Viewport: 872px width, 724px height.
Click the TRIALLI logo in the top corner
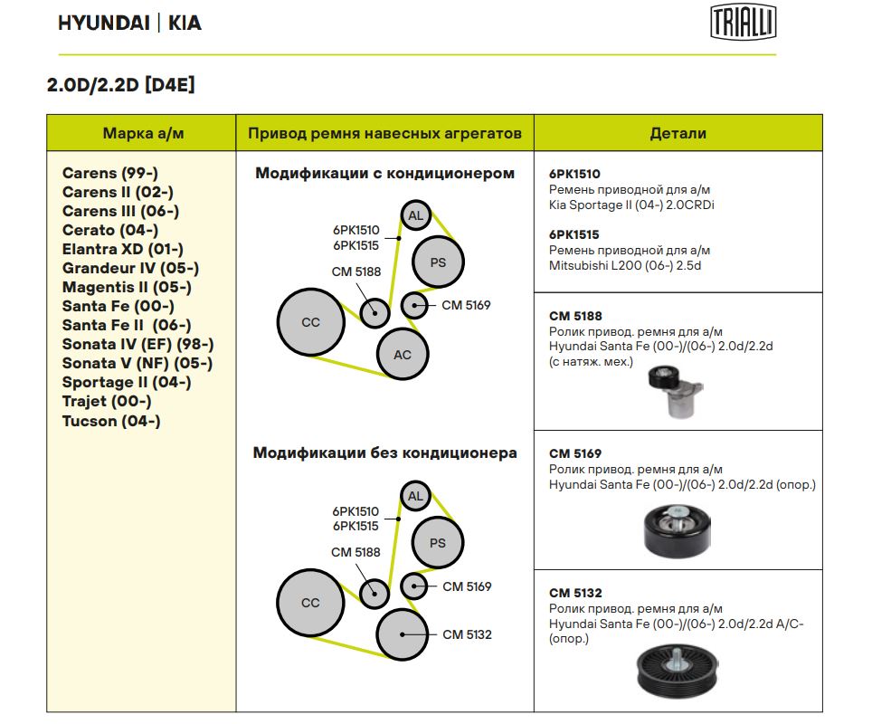[743, 22]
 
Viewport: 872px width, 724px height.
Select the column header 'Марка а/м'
[142, 133]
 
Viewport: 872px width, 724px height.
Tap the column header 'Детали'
[678, 133]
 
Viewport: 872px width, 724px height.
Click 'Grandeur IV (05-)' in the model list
[130, 268]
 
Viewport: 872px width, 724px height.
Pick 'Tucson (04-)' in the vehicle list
[111, 421]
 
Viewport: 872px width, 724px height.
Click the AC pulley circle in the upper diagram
[403, 354]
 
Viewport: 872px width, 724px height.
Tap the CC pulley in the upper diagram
[310, 322]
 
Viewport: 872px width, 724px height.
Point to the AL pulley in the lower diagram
[415, 496]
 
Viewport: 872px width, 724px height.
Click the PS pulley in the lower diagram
[438, 543]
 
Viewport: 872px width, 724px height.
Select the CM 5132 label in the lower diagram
[467, 634]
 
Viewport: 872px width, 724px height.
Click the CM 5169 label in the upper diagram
[466, 305]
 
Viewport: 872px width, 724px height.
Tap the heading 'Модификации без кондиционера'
[384, 452]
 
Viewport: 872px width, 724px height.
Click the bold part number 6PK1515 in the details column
[574, 234]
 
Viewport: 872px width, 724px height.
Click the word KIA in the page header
[185, 23]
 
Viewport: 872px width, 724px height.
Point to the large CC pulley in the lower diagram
[310, 603]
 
